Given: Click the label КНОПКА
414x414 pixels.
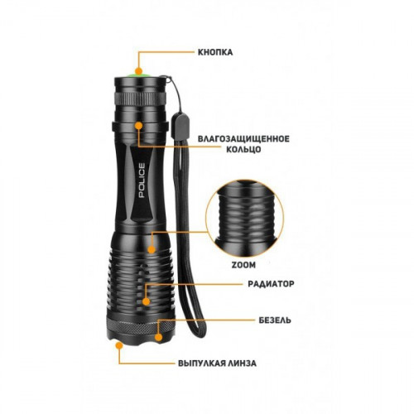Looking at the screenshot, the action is (x=215, y=52).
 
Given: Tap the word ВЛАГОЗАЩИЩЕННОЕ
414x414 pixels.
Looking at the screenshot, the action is (x=243, y=138).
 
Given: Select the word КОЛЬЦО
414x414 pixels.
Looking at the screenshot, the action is (x=243, y=149).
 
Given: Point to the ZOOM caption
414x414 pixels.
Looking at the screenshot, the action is (x=243, y=265).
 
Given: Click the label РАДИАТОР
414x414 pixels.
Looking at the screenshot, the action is (x=271, y=284).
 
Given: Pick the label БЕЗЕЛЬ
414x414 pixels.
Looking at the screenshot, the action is (x=275, y=320).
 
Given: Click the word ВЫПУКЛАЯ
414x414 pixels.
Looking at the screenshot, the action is (x=200, y=363).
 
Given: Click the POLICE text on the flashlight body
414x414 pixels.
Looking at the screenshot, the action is (x=142, y=181).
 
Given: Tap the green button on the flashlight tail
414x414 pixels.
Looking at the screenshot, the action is (x=138, y=75).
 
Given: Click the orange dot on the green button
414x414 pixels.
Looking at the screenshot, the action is (x=138, y=71).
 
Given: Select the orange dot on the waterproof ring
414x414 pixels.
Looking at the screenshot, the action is (x=138, y=126).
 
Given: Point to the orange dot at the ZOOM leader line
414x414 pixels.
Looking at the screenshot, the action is (x=152, y=250).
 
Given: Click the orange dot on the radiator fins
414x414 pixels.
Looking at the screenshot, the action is (x=147, y=301).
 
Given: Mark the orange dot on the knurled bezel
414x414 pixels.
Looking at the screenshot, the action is (x=158, y=337).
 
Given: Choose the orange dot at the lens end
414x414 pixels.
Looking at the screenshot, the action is (x=119, y=345).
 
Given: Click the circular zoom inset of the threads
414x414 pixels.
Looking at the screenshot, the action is (x=244, y=219).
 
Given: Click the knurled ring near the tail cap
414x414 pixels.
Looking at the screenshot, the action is (x=141, y=98).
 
